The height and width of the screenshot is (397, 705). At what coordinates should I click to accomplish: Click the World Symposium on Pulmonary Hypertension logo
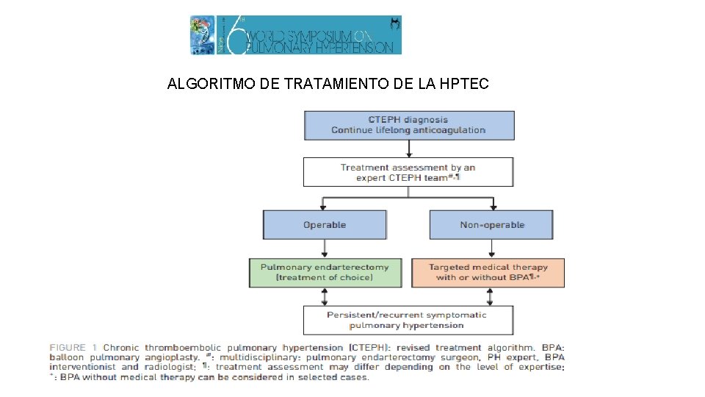click(296, 35)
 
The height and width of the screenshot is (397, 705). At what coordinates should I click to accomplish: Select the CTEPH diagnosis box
click(409, 125)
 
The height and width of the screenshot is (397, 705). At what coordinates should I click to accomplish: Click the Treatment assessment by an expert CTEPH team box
click(408, 173)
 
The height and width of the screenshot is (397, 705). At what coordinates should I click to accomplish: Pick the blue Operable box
click(325, 225)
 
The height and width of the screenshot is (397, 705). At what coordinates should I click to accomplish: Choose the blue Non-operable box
click(491, 225)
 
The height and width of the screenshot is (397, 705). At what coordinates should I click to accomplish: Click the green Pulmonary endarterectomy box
click(325, 272)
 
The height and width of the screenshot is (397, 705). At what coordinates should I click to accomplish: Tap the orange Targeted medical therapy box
click(488, 272)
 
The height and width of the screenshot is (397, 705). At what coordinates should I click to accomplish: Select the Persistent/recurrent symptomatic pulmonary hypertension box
click(408, 320)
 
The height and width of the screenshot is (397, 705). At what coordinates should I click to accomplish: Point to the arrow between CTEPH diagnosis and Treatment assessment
click(409, 149)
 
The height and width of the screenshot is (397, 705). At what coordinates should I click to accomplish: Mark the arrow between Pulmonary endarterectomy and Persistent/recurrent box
click(325, 296)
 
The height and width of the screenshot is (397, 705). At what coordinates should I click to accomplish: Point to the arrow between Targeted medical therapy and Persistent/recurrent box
click(491, 296)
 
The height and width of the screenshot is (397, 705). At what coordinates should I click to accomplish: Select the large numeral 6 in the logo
click(233, 35)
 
